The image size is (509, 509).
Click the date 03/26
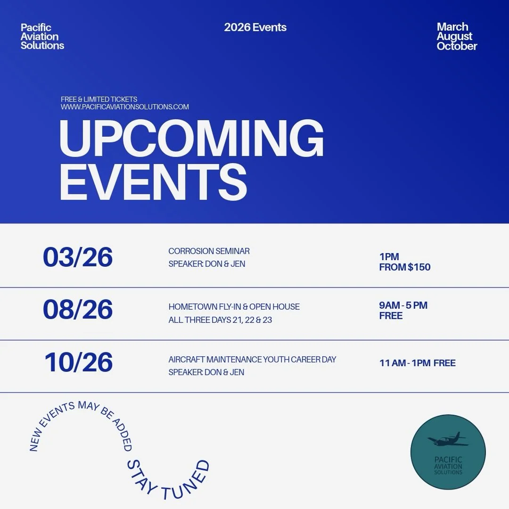click(x=78, y=257)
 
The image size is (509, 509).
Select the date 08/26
click(x=78, y=310)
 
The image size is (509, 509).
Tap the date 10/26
click(x=79, y=362)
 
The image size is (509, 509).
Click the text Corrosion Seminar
click(x=209, y=251)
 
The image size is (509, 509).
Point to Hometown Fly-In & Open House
click(x=234, y=307)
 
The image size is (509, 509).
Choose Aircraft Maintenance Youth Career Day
click(x=252, y=360)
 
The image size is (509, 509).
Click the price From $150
click(x=404, y=267)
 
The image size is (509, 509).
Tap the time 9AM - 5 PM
click(x=403, y=305)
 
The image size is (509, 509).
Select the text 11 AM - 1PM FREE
click(x=417, y=363)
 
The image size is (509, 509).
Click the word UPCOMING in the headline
click(x=191, y=139)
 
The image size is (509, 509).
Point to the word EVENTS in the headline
click(x=153, y=182)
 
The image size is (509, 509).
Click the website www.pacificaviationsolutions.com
click(x=124, y=107)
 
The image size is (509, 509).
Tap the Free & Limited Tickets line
click(x=99, y=99)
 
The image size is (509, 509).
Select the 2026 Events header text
click(x=255, y=27)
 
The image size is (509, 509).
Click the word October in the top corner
click(x=457, y=46)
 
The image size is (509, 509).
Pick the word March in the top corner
click(x=452, y=27)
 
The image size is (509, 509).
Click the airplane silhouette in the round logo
click(x=448, y=440)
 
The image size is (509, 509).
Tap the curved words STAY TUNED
click(x=167, y=478)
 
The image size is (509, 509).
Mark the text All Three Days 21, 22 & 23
click(x=220, y=320)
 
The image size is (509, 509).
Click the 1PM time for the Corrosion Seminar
click(x=389, y=257)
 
